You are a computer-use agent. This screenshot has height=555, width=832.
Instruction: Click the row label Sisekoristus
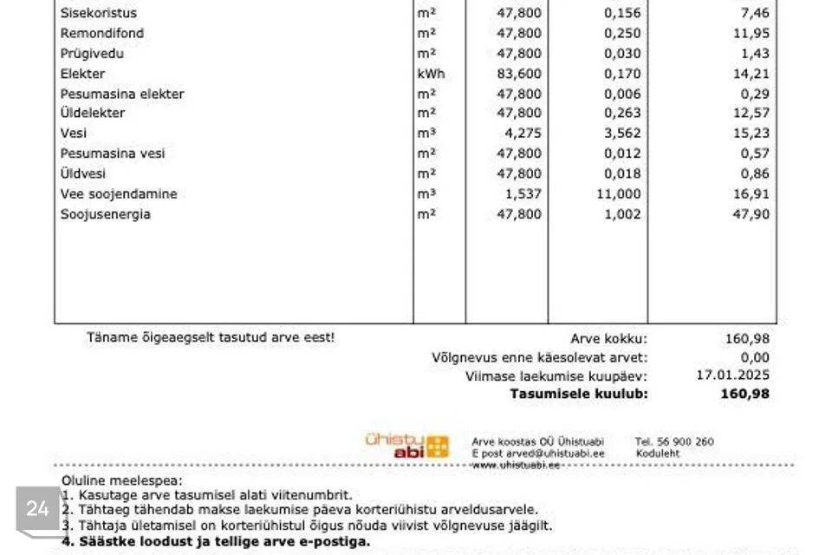[98, 13]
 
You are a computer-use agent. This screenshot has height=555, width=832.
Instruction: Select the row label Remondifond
[102, 33]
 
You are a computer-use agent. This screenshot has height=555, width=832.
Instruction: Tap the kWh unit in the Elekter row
[431, 74]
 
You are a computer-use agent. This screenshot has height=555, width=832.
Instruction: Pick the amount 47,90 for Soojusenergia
[750, 214]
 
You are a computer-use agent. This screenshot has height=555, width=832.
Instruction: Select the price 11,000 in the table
[619, 194]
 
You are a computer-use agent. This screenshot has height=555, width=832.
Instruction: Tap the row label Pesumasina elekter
[122, 94]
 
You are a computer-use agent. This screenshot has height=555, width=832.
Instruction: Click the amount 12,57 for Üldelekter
[750, 113]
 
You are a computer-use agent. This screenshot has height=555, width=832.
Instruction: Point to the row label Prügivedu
[92, 53]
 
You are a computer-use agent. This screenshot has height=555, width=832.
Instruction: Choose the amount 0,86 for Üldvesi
[753, 173]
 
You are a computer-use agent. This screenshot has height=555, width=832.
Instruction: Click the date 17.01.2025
[732, 375]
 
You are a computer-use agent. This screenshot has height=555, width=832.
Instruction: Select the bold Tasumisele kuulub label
[578, 394]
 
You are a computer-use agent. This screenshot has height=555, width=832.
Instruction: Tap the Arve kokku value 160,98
[747, 339]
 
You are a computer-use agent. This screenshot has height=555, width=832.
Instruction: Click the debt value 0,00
[754, 357]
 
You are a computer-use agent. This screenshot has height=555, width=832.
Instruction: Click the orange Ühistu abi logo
[407, 446]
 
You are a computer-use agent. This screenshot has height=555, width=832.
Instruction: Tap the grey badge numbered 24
[37, 509]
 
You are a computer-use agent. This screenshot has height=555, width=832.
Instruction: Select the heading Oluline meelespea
[122, 480]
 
